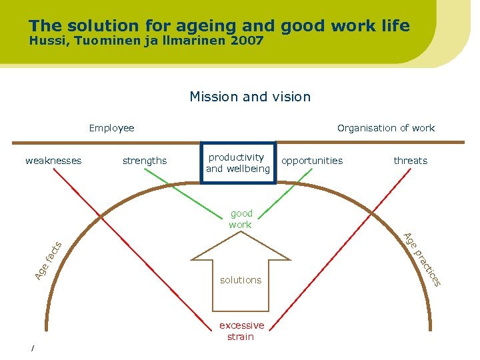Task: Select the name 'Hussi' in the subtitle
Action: pos(46,41)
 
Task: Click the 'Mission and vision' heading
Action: pos(250,97)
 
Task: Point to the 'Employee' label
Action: pos(111,128)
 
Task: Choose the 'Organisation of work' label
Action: pos(385,128)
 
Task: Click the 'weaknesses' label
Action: pos(53,161)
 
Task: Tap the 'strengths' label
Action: pos(145,161)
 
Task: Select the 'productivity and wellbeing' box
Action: pos(238,163)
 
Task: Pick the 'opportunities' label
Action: pos(312,161)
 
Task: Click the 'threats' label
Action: pos(410,161)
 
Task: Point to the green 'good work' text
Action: pos(241,219)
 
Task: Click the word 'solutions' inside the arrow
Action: pos(241,280)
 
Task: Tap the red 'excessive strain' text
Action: pos(241,331)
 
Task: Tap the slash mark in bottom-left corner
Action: pos(32,349)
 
